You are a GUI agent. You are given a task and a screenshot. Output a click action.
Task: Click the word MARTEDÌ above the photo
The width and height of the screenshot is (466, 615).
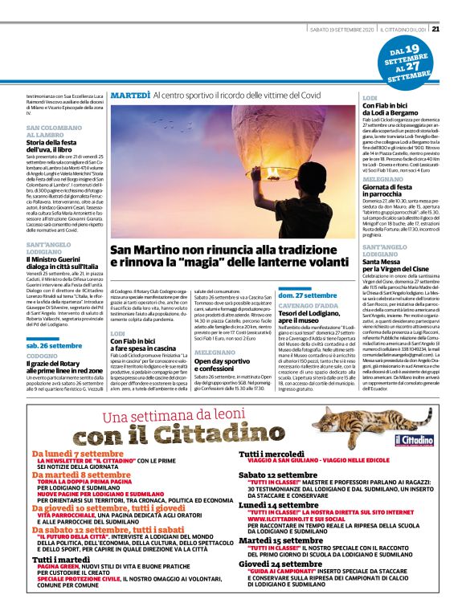129,96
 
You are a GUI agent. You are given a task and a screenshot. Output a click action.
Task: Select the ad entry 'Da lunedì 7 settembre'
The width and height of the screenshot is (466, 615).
80,454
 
